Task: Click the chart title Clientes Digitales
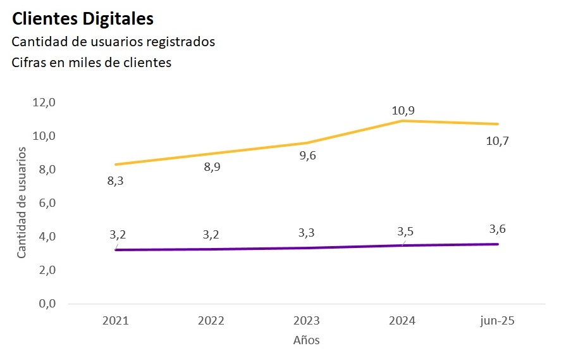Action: pyautogui.click(x=83, y=19)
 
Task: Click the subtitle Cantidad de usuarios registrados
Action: pyautogui.click(x=113, y=42)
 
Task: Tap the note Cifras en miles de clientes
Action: pyautogui.click(x=92, y=63)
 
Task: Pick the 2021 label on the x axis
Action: pyautogui.click(x=115, y=321)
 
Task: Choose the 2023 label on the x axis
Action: pyautogui.click(x=307, y=321)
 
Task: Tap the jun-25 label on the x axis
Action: pyautogui.click(x=497, y=321)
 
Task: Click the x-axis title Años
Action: pyautogui.click(x=307, y=340)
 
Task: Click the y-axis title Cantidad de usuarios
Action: pyautogui.click(x=22, y=202)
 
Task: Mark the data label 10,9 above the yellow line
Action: pyautogui.click(x=403, y=111)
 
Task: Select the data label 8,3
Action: pyautogui.click(x=115, y=182)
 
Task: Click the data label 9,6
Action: pyautogui.click(x=307, y=156)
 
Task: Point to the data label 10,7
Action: pyautogui.click(x=497, y=141)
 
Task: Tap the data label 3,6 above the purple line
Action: pyautogui.click(x=497, y=229)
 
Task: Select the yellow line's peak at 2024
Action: pyautogui.click(x=403, y=120)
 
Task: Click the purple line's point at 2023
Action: pyautogui.click(x=307, y=247)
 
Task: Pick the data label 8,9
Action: pyautogui.click(x=211, y=168)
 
